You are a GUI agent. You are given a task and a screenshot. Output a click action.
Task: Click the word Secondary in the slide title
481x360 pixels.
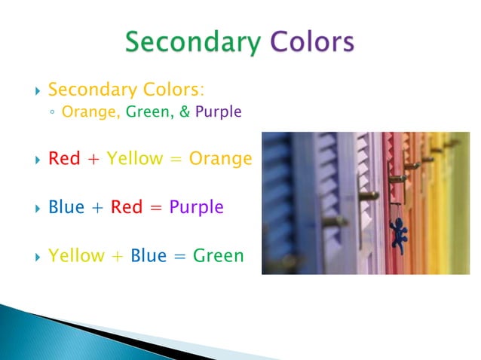pos(191,42)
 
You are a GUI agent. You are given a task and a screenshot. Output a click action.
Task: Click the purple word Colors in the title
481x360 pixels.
pos(312,42)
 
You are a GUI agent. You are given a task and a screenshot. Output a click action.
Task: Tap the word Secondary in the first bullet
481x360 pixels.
pos(82,91)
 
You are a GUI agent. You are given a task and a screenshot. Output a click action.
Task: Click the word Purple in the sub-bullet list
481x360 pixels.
pos(218,114)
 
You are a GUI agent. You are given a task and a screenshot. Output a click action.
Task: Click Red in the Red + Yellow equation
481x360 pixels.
pos(64,160)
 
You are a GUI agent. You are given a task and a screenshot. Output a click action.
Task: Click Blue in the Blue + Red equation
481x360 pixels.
pos(66,207)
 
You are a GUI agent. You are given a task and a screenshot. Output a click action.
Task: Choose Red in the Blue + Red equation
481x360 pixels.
pos(127,207)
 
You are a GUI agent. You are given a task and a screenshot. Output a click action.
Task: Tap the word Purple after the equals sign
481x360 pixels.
pos(196,208)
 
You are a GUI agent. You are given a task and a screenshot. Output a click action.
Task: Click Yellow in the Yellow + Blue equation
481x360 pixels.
pos(76,255)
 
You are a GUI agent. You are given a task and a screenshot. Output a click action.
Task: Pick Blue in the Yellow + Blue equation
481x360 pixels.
pos(149,255)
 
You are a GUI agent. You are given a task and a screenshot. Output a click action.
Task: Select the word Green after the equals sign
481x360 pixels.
pos(219,255)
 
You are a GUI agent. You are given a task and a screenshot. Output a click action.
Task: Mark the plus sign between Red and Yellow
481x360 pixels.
pos(93,160)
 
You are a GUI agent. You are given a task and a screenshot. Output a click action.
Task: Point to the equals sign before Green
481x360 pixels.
pos(179,256)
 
